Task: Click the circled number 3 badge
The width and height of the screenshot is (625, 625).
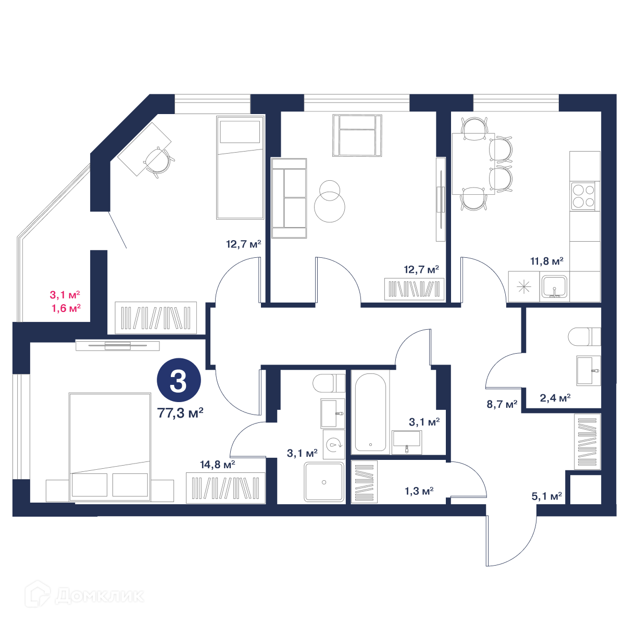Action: pyautogui.click(x=179, y=380)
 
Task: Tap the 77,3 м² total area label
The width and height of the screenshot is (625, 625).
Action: pyautogui.click(x=180, y=413)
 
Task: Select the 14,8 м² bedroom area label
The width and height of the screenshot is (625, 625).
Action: pyautogui.click(x=217, y=465)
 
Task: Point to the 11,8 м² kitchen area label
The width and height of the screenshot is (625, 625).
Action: pyautogui.click(x=546, y=261)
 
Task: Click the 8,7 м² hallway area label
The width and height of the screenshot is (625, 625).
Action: pyautogui.click(x=502, y=404)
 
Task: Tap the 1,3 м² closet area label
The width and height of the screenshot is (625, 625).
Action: pyautogui.click(x=419, y=491)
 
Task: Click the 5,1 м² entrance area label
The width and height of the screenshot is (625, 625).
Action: pyautogui.click(x=546, y=496)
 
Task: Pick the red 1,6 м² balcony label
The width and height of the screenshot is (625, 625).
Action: pyautogui.click(x=66, y=308)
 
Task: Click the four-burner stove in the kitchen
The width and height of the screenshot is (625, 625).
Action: pyautogui.click(x=583, y=196)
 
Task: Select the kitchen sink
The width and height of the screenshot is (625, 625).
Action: pyautogui.click(x=554, y=286)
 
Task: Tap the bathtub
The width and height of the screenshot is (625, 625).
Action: pyautogui.click(x=370, y=412)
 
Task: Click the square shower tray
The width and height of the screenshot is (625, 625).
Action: pyautogui.click(x=323, y=482)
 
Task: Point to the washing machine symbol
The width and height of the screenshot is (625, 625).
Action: pyautogui.click(x=334, y=444)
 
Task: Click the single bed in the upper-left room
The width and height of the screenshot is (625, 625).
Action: pyautogui.click(x=240, y=167)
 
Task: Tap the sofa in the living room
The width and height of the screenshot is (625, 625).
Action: pyautogui.click(x=289, y=198)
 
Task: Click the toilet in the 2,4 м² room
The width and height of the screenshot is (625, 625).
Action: pyautogui.click(x=584, y=336)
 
